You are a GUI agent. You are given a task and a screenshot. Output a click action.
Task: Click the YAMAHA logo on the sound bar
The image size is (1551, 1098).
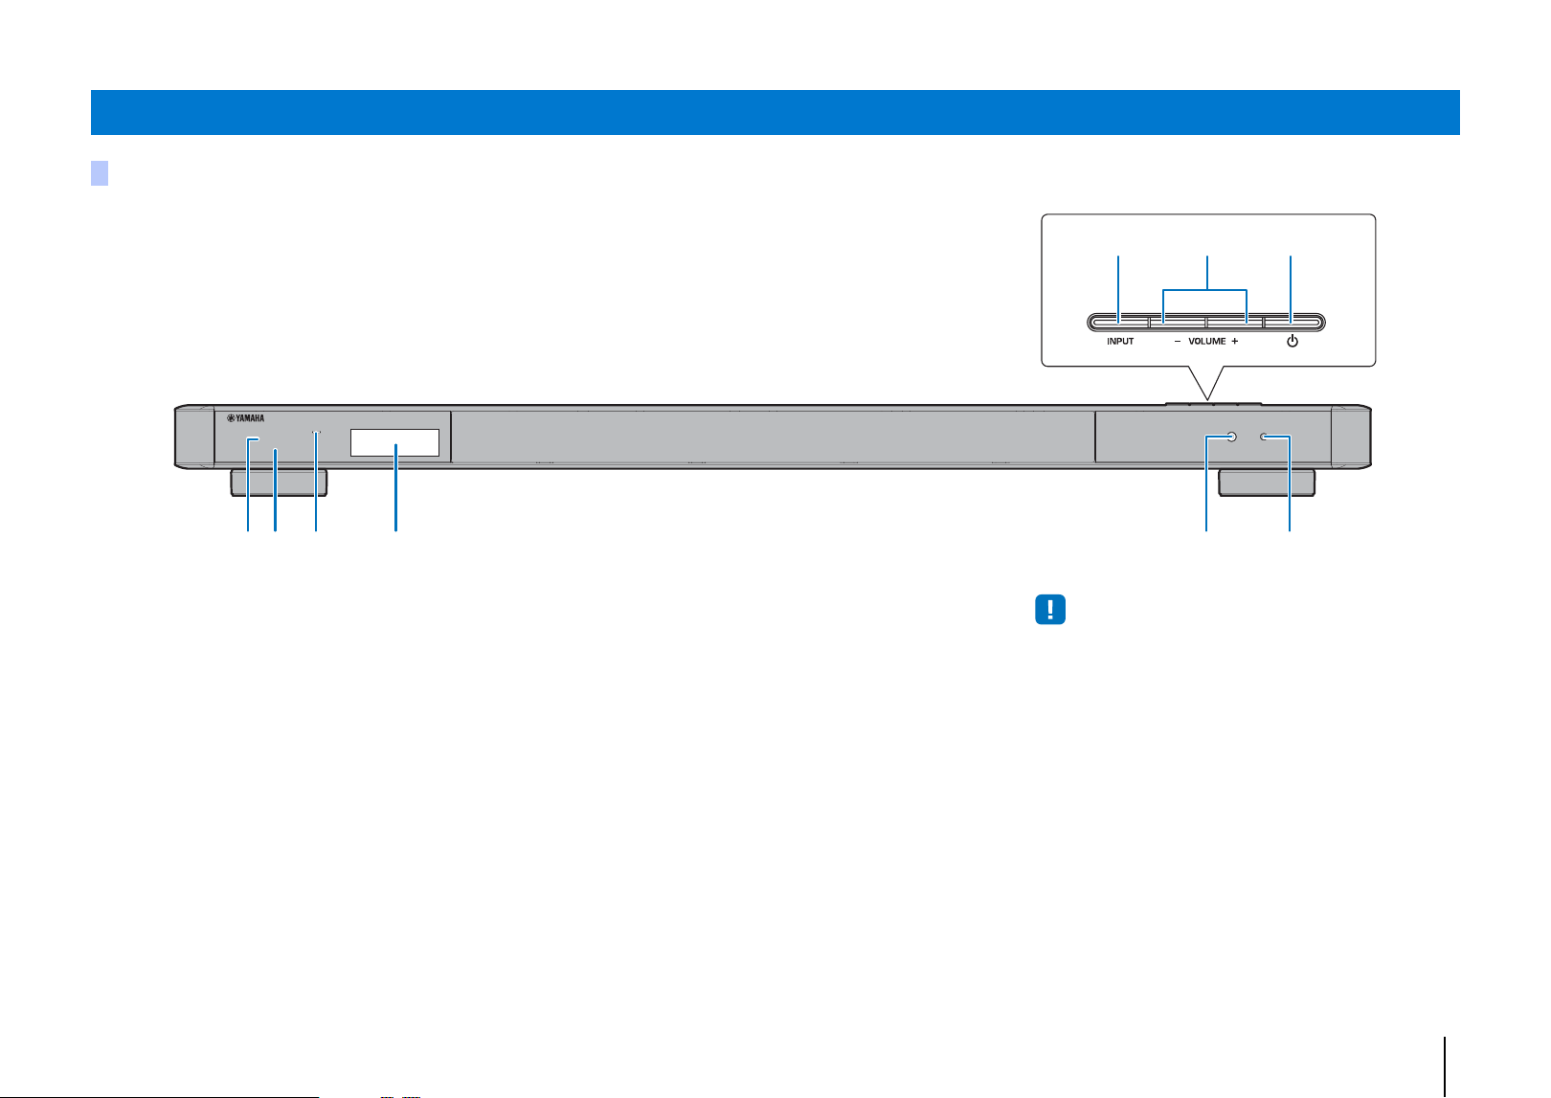pos(246,418)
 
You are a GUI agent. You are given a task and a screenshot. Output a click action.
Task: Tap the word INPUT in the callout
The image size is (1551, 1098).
pos(1119,342)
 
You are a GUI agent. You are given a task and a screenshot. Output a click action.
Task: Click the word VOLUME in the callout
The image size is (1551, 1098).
pos(1207,342)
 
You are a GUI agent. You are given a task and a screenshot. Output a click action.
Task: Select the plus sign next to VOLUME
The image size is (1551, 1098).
pos(1234,342)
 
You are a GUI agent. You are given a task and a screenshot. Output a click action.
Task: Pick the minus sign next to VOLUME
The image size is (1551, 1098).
pos(1177,342)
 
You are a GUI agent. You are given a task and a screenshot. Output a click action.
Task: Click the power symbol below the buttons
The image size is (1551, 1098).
pos(1292,342)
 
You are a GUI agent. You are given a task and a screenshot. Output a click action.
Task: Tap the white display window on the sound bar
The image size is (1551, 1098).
pos(394,442)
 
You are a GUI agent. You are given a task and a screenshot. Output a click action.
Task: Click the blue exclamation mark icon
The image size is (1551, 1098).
pos(1049,609)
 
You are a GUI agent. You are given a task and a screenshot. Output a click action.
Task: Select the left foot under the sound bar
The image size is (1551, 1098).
pos(279,482)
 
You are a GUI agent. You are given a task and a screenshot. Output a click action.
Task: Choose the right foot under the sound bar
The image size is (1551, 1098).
pos(1267,482)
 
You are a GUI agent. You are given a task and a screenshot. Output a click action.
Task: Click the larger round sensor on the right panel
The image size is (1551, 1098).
pos(1231,437)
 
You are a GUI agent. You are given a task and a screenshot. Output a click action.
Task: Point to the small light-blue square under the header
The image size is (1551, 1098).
pos(100,173)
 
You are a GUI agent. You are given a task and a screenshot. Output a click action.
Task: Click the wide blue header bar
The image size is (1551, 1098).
pos(775,112)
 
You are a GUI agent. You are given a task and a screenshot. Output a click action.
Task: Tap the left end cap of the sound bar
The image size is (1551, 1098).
pos(194,437)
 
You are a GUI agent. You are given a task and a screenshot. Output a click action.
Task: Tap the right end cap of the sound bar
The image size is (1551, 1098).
pos(1351,437)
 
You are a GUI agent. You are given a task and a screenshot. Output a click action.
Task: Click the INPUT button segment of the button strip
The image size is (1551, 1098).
pos(1119,322)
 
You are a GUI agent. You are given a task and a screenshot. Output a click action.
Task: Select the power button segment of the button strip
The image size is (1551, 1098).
pos(1293,322)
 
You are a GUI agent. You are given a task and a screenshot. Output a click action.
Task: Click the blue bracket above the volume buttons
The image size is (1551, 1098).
pos(1204,290)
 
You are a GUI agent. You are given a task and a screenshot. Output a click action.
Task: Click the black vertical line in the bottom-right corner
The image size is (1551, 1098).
pos(1445,1066)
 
